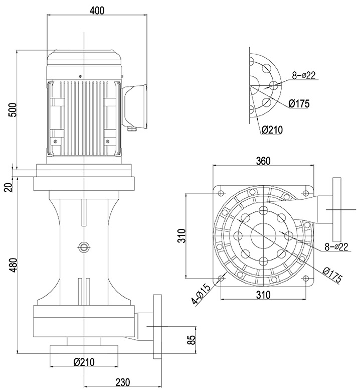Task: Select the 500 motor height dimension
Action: (x=14, y=109)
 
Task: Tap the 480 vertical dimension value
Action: (x=14, y=265)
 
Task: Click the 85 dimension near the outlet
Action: (x=191, y=340)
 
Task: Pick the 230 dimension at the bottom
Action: (x=122, y=382)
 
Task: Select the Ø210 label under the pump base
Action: (x=84, y=361)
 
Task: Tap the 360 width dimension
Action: (x=263, y=161)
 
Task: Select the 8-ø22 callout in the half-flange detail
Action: (x=304, y=76)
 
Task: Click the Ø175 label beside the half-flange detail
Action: (x=299, y=104)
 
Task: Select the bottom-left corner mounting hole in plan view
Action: (x=221, y=278)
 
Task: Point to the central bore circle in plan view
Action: (x=263, y=234)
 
